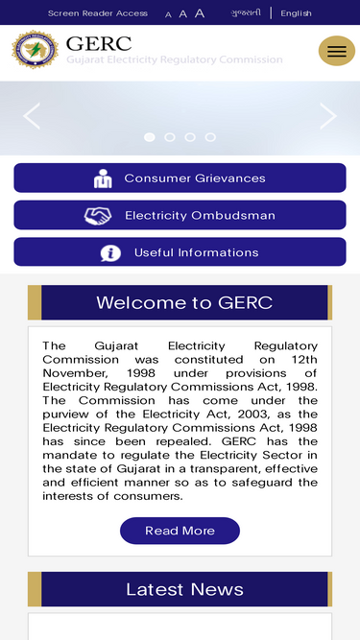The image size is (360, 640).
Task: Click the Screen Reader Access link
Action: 98,13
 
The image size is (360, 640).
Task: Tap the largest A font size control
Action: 200,13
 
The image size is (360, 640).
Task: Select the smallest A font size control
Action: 169,14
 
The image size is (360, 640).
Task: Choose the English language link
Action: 296,13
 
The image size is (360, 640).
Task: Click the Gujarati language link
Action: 246,13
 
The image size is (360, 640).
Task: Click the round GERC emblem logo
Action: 35,51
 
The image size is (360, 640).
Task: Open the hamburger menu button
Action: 336,51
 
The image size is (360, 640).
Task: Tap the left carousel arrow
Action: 32,116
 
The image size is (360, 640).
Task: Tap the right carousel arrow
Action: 328,116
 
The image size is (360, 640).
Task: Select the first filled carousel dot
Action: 150,137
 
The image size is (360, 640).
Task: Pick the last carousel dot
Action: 210,137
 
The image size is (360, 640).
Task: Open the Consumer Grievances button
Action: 180,178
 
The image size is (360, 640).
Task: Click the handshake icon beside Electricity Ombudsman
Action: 98,216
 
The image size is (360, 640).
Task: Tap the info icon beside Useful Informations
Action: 110,253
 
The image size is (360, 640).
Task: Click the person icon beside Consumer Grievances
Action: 103,178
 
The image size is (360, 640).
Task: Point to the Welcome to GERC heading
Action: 184,303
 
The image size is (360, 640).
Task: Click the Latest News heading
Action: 184,589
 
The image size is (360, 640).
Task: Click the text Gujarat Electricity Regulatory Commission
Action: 175,59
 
